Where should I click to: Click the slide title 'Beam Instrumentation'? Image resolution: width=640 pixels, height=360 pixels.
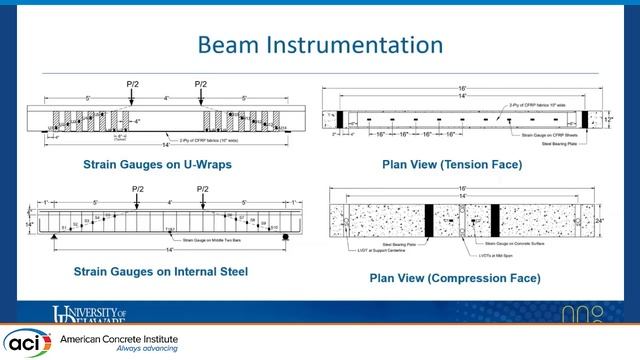coord(320,45)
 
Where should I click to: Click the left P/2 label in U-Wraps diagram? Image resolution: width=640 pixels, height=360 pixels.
coord(134,84)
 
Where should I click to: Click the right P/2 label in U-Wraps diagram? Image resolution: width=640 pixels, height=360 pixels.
coord(201,84)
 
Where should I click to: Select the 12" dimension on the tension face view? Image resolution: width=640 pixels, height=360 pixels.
coord(606,117)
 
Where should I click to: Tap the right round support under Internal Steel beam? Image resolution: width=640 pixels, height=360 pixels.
coord(285,237)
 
